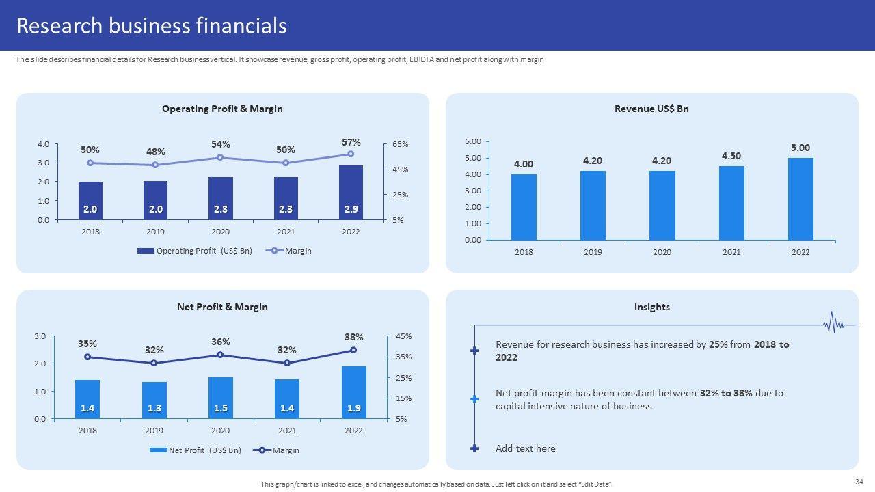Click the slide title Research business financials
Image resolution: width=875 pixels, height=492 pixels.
click(151, 26)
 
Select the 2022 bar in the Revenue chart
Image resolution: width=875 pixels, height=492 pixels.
click(800, 199)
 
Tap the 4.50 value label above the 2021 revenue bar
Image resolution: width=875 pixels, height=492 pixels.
click(731, 156)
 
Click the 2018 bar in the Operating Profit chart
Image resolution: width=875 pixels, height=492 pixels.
click(90, 201)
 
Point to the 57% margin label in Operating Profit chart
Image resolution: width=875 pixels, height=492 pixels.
click(351, 142)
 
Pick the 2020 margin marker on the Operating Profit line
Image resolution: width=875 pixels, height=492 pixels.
click(220, 157)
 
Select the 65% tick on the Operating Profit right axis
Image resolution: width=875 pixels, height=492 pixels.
click(400, 145)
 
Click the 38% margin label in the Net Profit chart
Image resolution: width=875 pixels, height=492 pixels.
click(354, 337)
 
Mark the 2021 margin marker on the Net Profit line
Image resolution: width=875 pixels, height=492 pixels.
click(287, 363)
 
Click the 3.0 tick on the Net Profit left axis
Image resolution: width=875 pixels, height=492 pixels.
click(40, 336)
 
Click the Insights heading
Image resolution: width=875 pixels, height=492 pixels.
click(651, 307)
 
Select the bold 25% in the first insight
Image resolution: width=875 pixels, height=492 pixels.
click(718, 344)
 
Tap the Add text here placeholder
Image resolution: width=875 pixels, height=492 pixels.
click(525, 448)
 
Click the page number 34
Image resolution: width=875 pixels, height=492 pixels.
click(859, 482)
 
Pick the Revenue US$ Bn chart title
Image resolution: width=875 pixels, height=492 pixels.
click(651, 109)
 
